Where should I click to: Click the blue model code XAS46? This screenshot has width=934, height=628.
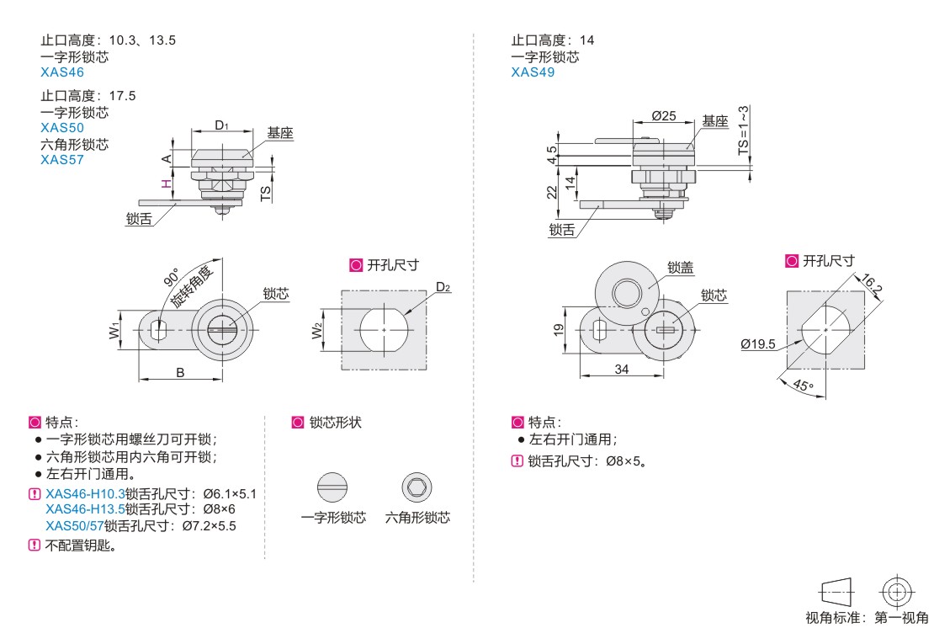pyautogui.click(x=62, y=72)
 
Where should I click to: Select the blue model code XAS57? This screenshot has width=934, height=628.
pyautogui.click(x=62, y=159)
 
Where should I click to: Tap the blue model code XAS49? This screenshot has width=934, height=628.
pyautogui.click(x=533, y=72)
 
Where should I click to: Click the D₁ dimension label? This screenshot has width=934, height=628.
pyautogui.click(x=221, y=125)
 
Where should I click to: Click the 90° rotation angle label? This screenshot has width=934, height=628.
pyautogui.click(x=171, y=279)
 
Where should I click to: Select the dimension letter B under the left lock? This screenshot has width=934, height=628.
pyautogui.click(x=180, y=372)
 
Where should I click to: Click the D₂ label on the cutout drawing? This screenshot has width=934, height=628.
pyautogui.click(x=443, y=287)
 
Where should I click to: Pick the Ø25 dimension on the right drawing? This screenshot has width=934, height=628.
pyautogui.click(x=664, y=115)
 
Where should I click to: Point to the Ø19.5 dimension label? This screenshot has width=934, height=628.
pyautogui.click(x=757, y=343)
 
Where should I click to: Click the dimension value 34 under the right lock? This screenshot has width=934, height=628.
pyautogui.click(x=622, y=369)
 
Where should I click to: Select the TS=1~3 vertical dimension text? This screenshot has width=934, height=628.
pyautogui.click(x=743, y=130)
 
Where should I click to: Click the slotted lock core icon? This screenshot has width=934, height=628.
pyautogui.click(x=332, y=487)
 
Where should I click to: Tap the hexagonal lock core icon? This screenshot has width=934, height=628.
pyautogui.click(x=417, y=487)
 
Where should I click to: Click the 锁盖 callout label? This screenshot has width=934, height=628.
pyautogui.click(x=681, y=267)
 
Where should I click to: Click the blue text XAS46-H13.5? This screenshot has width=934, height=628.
pyautogui.click(x=85, y=509)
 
